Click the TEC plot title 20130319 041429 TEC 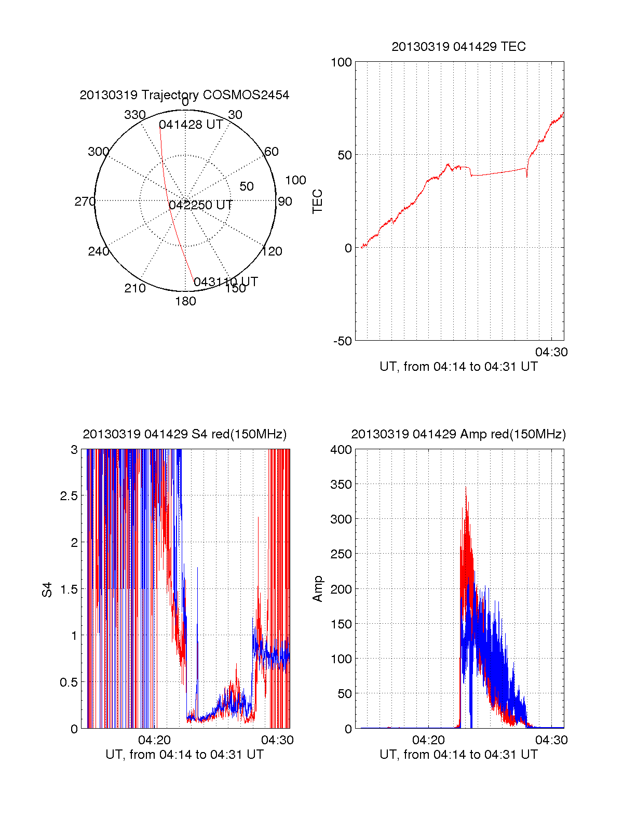click(x=458, y=47)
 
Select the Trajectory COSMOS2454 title click(x=184, y=95)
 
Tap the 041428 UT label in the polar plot click(x=191, y=125)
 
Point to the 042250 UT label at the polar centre click(x=200, y=205)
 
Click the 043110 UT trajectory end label click(x=226, y=282)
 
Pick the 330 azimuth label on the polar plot click(x=135, y=115)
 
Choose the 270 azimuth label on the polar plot click(x=85, y=202)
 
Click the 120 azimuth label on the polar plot click(x=272, y=252)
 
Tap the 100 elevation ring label click(x=295, y=180)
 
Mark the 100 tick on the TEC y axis click(x=341, y=62)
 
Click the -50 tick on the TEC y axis click(x=341, y=341)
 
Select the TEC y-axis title click(x=317, y=202)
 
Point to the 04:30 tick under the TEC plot click(x=551, y=352)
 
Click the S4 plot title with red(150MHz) click(x=184, y=434)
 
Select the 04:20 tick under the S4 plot click(x=154, y=740)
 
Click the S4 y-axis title click(x=47, y=589)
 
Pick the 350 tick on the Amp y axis click(x=341, y=485)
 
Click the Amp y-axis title click(x=317, y=589)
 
